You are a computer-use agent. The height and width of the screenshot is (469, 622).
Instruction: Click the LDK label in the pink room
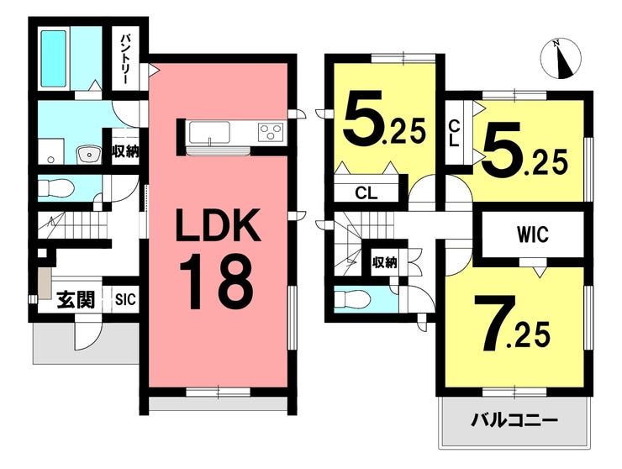[x=217, y=227]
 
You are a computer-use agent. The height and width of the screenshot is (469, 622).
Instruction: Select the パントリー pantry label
[x=124, y=57]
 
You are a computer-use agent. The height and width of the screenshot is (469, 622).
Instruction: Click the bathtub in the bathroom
[x=55, y=57]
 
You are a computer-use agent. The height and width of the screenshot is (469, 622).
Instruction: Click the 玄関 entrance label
[x=74, y=298]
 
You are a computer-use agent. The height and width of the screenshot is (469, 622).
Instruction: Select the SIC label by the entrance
[x=124, y=299]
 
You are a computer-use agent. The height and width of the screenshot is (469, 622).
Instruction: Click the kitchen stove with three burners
[x=271, y=131]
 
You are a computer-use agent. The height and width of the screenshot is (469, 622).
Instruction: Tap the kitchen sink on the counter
[x=207, y=132]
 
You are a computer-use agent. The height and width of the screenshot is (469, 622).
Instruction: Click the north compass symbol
[x=560, y=56]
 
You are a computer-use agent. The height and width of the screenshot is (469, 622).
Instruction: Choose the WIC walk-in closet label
[x=532, y=235]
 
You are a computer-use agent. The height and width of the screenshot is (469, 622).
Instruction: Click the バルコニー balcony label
[x=514, y=419]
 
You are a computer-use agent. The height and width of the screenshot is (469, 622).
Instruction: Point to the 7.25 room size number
[x=513, y=324]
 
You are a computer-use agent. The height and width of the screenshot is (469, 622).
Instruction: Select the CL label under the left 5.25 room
[x=366, y=192]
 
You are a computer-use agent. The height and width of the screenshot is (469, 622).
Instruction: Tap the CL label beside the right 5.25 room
[x=455, y=134]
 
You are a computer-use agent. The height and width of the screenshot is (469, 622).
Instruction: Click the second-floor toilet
[x=351, y=298]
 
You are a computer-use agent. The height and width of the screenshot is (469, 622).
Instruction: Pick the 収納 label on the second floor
[x=385, y=261]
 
